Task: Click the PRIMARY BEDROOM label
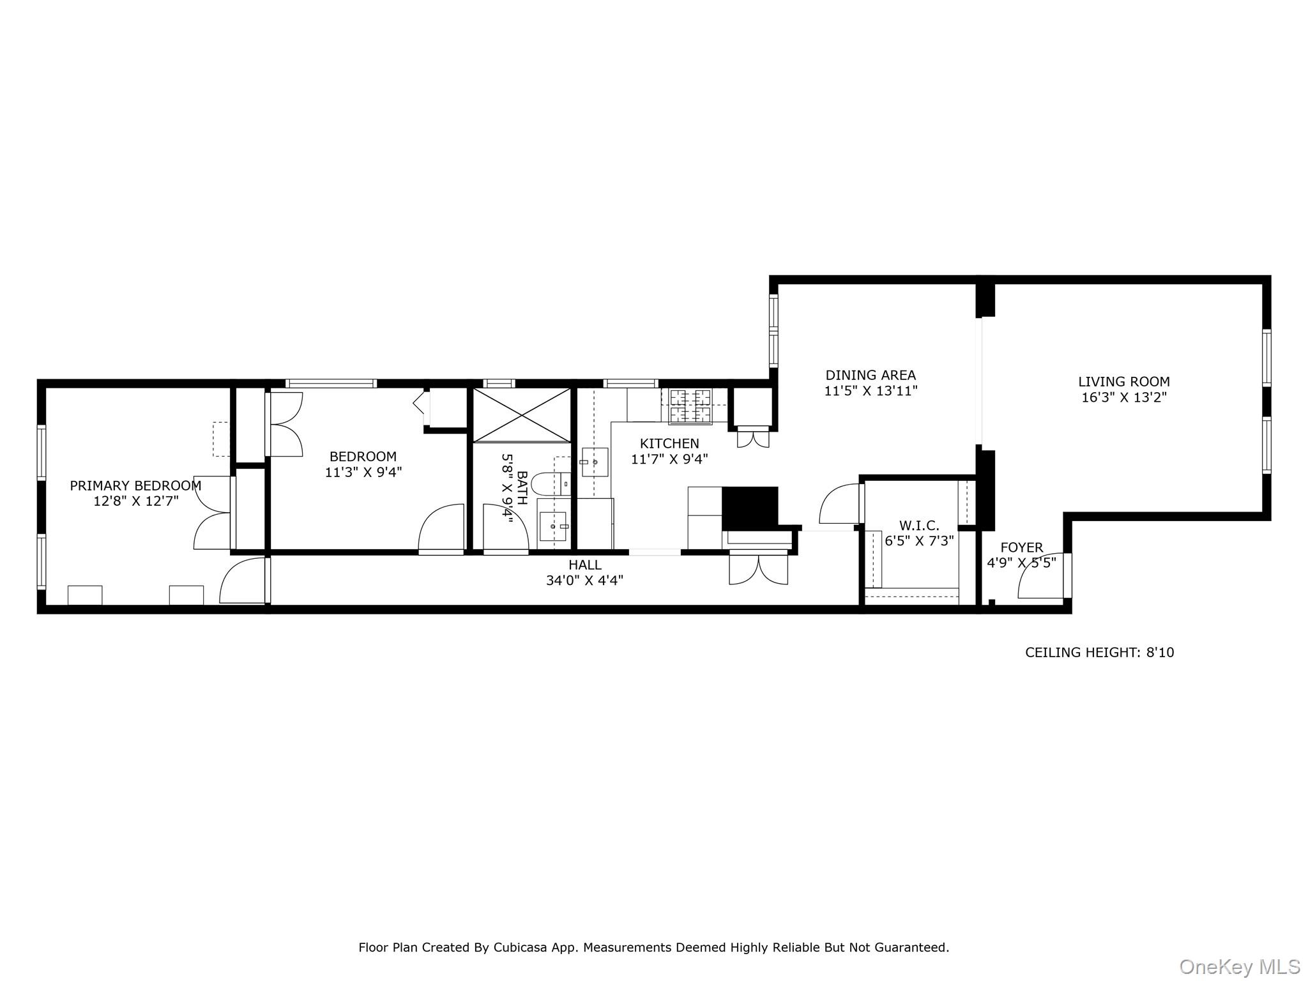(x=135, y=485)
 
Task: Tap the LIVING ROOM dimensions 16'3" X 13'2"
(x=1124, y=397)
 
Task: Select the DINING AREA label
(x=871, y=376)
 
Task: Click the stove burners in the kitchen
(x=690, y=407)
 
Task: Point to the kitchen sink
(x=595, y=462)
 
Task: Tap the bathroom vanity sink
(x=553, y=526)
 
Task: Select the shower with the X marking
(x=522, y=414)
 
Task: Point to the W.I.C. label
(x=919, y=526)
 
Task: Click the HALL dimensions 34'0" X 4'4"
(x=584, y=581)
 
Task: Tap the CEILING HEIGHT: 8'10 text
(x=1099, y=652)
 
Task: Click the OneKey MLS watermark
(x=1239, y=966)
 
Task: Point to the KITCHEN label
(x=669, y=443)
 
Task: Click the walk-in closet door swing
(x=839, y=504)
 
